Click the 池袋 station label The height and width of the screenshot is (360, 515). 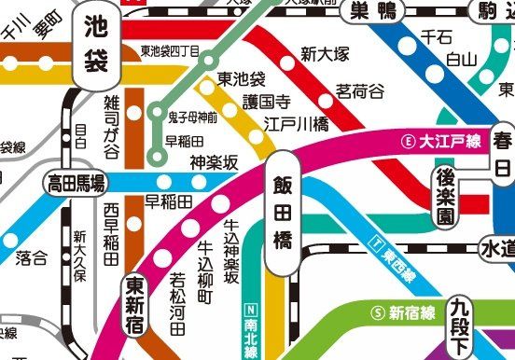pos(96,45)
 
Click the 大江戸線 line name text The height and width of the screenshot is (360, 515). pos(447,141)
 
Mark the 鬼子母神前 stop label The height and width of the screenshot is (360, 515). pos(192,118)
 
